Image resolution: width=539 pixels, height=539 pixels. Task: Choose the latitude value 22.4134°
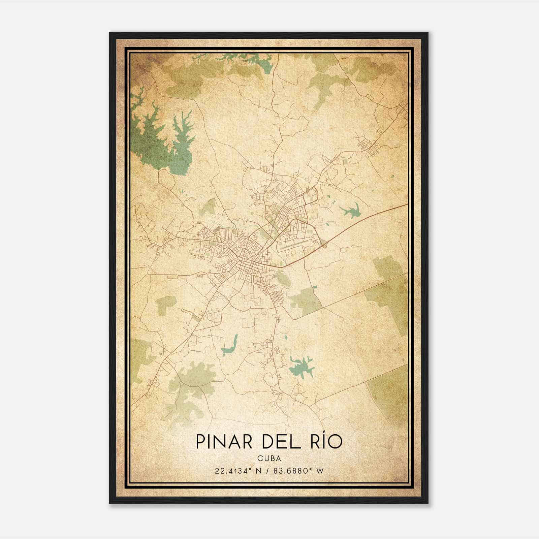(232, 471)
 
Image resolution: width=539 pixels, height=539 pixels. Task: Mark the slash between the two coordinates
(267, 471)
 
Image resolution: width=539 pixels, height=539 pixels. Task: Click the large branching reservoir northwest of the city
(152, 138)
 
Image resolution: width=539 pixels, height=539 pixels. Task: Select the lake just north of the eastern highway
(350, 212)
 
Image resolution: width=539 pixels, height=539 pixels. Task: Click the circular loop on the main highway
(325, 246)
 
